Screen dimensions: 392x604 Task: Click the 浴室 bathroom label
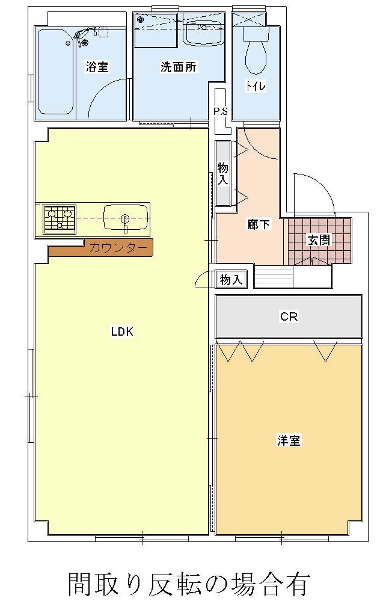coord(97,67)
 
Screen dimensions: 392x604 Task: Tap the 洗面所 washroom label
coord(179,67)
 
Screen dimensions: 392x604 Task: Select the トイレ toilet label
coord(256,85)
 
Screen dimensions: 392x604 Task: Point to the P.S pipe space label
coord(221,112)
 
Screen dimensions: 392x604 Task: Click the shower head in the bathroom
coord(82,37)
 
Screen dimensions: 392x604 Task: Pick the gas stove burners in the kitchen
coord(60,219)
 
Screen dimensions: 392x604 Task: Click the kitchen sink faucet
coord(125,223)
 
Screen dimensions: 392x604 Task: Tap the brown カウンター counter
coord(101,248)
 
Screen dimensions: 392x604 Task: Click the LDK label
coord(122,331)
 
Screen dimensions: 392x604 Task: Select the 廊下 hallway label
coord(259,224)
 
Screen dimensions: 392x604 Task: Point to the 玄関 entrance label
coord(319,239)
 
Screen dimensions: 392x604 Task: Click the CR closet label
coord(289,316)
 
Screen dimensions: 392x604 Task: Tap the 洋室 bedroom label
coord(289,440)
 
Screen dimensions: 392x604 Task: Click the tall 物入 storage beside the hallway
coord(223,173)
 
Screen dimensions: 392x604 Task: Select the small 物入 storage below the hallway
coord(231,279)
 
